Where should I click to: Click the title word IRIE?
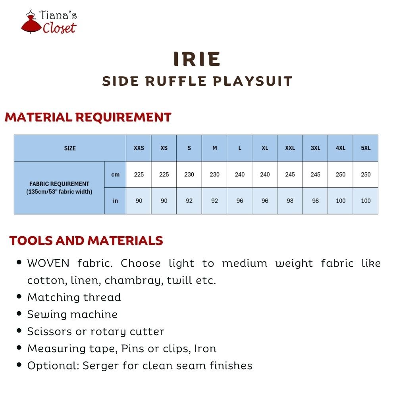click(197, 59)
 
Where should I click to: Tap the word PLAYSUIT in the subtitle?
click(252, 81)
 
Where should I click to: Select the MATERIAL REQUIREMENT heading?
click(88, 117)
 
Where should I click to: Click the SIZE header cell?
click(70, 148)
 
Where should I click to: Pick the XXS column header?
click(139, 148)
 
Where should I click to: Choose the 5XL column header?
click(366, 148)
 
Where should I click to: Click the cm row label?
click(115, 175)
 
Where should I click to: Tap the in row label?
click(115, 201)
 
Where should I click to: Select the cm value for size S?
click(189, 174)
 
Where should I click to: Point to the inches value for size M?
click(214, 201)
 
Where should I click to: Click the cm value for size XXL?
click(290, 174)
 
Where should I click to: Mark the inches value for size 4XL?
click(341, 201)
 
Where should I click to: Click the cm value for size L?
click(239, 174)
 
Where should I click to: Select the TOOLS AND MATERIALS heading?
click(86, 241)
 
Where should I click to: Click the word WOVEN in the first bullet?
click(48, 263)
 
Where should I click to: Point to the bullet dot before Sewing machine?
click(19, 314)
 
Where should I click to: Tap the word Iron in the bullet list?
click(205, 349)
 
